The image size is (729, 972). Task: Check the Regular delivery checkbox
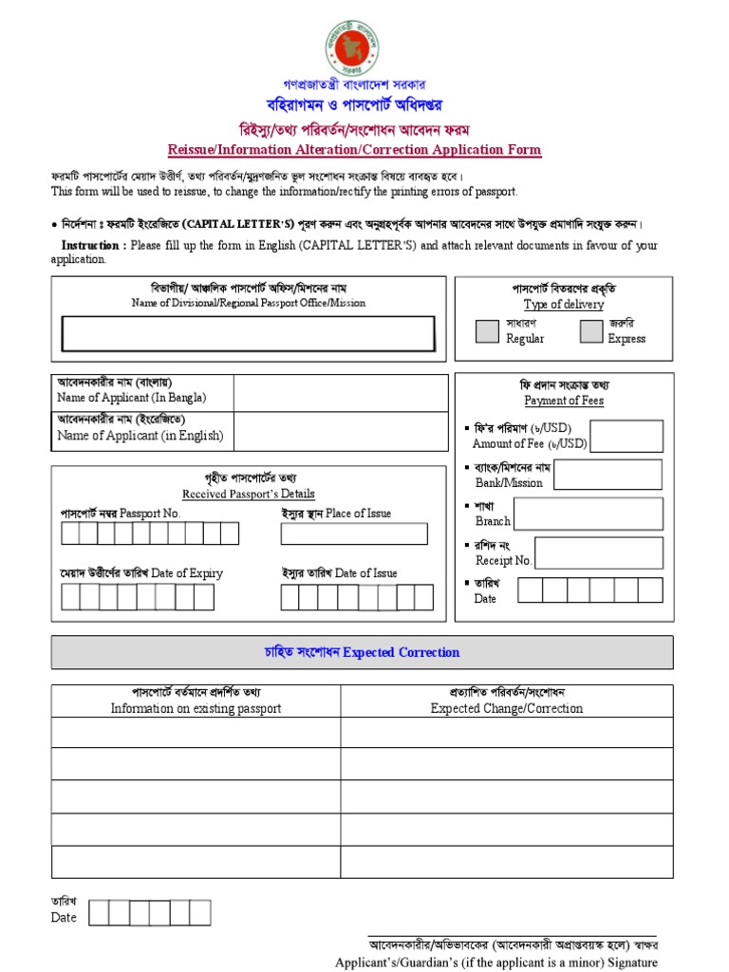(x=487, y=330)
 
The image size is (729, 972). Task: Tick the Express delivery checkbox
(x=591, y=330)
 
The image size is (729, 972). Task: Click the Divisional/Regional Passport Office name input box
(x=249, y=334)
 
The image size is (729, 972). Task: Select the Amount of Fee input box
(x=626, y=436)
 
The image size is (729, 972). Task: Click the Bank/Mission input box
(x=607, y=475)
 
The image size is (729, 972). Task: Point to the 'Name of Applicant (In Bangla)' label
(x=131, y=398)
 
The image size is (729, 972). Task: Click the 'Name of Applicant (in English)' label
(x=140, y=436)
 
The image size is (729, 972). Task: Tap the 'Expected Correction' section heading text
(x=401, y=652)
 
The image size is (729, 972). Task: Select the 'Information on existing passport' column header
(x=196, y=708)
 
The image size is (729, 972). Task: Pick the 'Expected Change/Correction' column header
(x=507, y=708)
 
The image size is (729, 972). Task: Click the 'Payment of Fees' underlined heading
(x=564, y=401)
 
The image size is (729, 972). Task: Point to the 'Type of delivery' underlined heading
(x=564, y=305)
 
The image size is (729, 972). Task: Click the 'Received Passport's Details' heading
(x=249, y=494)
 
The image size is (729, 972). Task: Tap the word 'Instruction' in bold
(x=90, y=245)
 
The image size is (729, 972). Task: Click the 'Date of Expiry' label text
(x=187, y=573)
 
